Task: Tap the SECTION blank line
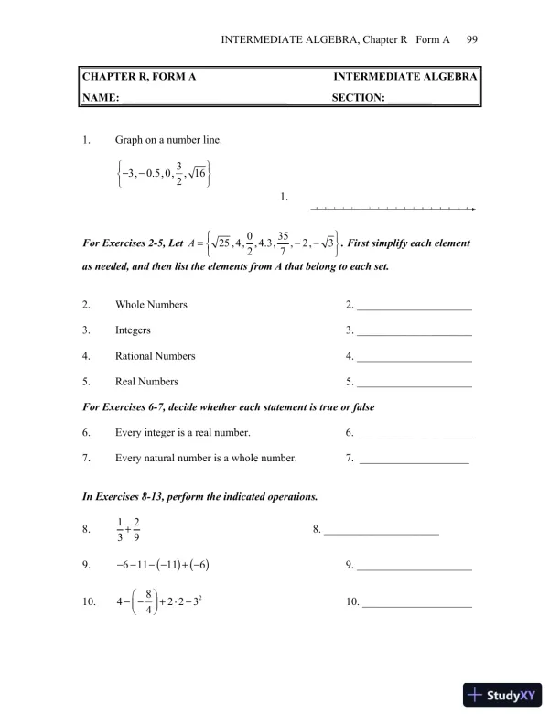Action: (x=410, y=100)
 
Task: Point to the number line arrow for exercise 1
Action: (x=393, y=209)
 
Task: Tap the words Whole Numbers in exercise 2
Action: (x=151, y=305)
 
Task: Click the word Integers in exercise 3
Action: (x=134, y=330)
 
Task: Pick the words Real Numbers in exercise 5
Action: (x=146, y=382)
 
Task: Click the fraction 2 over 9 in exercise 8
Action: (x=136, y=529)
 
